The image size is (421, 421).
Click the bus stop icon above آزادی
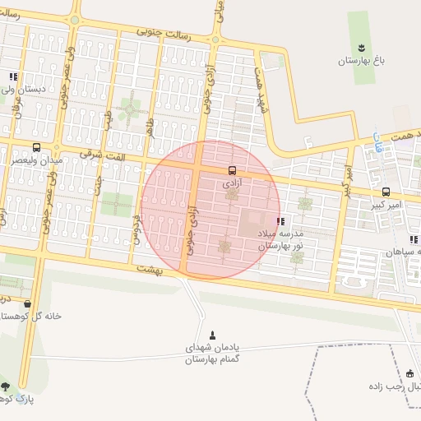point(232,170)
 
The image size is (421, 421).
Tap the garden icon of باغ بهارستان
point(360,47)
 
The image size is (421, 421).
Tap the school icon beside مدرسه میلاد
point(281,221)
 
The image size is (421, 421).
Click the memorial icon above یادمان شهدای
point(214,335)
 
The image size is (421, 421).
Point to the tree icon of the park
point(6,386)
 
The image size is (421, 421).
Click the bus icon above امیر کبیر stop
point(386,191)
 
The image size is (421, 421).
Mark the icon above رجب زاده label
point(410,373)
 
